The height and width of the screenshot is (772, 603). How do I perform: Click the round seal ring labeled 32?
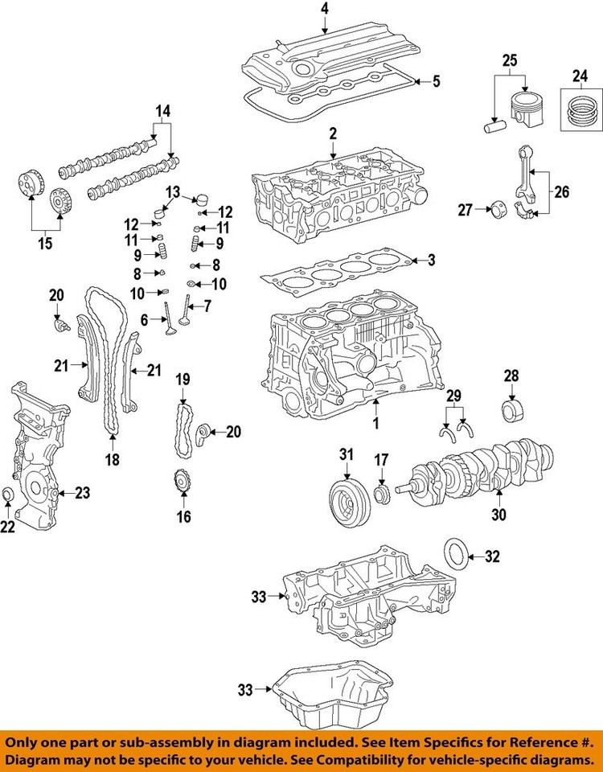tap(457, 555)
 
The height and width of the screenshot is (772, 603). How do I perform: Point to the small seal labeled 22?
tap(8, 493)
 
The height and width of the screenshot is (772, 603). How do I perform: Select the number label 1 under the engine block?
tap(375, 423)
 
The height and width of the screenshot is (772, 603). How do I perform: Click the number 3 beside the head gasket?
tap(431, 260)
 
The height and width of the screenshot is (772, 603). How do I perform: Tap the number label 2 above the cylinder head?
tap(332, 133)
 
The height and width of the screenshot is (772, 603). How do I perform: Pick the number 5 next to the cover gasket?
tap(437, 81)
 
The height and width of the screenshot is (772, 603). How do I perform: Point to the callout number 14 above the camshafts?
tap(163, 112)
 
